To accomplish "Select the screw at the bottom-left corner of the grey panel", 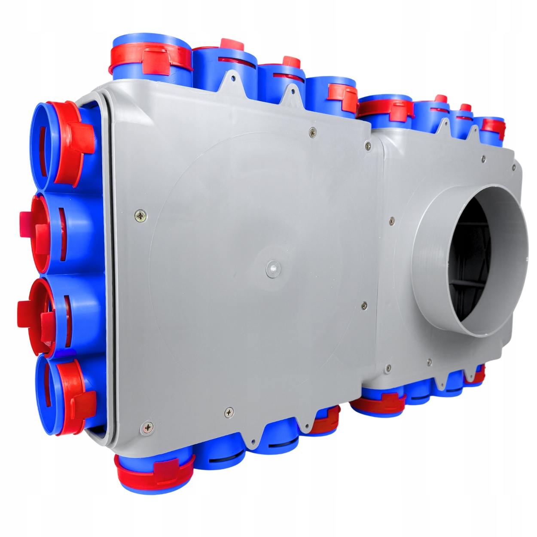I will [147, 427].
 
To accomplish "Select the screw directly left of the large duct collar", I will [391, 221].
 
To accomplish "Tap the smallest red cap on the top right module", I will [464, 107].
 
